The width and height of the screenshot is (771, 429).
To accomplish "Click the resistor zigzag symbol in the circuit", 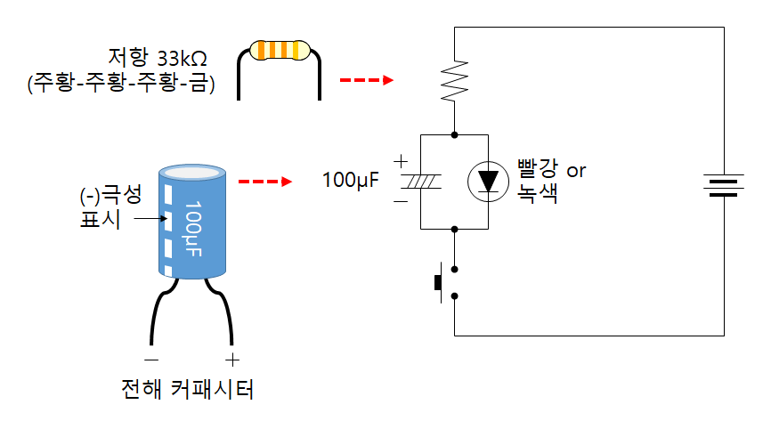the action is click(454, 81).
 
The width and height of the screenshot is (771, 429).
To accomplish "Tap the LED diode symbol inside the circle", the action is click(488, 182).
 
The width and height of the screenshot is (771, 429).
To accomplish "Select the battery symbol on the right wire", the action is click(723, 185).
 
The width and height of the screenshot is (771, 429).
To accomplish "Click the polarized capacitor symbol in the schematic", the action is click(420, 182).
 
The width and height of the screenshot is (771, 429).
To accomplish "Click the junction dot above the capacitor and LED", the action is click(454, 134).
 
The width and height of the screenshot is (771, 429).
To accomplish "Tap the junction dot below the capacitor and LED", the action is click(454, 229).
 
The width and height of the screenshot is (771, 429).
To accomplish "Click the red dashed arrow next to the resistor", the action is click(367, 79).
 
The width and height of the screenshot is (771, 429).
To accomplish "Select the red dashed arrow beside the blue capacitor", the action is click(265, 182).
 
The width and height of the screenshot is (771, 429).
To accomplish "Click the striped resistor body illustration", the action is click(280, 50).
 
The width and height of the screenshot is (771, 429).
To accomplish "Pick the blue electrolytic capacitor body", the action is click(192, 222).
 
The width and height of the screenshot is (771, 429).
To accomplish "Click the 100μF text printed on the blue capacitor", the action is click(192, 229).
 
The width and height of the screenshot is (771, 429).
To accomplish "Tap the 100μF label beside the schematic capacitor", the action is click(351, 180).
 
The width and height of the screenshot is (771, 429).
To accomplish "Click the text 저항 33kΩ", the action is click(158, 58).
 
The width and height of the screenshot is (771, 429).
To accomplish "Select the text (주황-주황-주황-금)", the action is click(121, 83).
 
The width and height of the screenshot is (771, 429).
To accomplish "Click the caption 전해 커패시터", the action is click(187, 389).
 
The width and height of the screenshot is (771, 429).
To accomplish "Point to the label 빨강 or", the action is click(551, 169).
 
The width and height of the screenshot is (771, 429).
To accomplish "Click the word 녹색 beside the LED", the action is click(537, 193).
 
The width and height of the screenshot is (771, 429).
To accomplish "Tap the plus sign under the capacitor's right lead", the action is click(232, 360).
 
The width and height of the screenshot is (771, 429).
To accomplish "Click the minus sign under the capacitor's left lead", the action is click(151, 360).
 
